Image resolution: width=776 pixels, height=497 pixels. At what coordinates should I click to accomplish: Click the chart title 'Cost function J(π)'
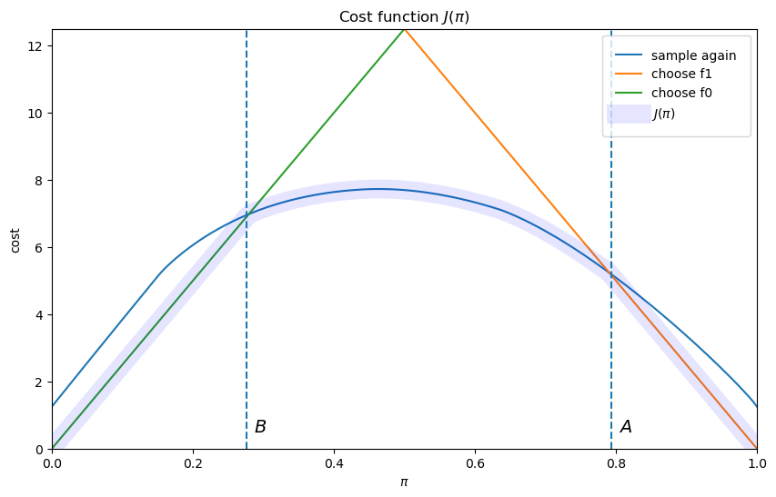(404, 17)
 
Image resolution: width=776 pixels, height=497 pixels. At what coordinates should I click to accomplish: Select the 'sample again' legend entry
(693, 55)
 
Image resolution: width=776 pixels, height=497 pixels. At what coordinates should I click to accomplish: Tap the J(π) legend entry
(663, 114)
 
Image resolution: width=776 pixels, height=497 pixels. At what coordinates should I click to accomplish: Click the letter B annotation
(260, 427)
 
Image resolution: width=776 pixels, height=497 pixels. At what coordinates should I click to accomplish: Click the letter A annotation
(626, 427)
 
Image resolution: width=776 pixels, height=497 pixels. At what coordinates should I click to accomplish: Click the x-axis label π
(404, 482)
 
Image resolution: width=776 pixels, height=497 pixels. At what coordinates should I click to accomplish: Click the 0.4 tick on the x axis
(334, 462)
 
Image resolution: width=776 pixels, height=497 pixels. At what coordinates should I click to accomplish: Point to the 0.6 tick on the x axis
(475, 462)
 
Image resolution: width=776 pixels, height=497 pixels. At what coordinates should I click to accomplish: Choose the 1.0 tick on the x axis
(757, 462)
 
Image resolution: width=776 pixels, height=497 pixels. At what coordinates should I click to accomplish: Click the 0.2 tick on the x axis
(193, 462)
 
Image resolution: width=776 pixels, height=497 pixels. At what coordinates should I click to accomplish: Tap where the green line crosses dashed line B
(247, 214)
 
